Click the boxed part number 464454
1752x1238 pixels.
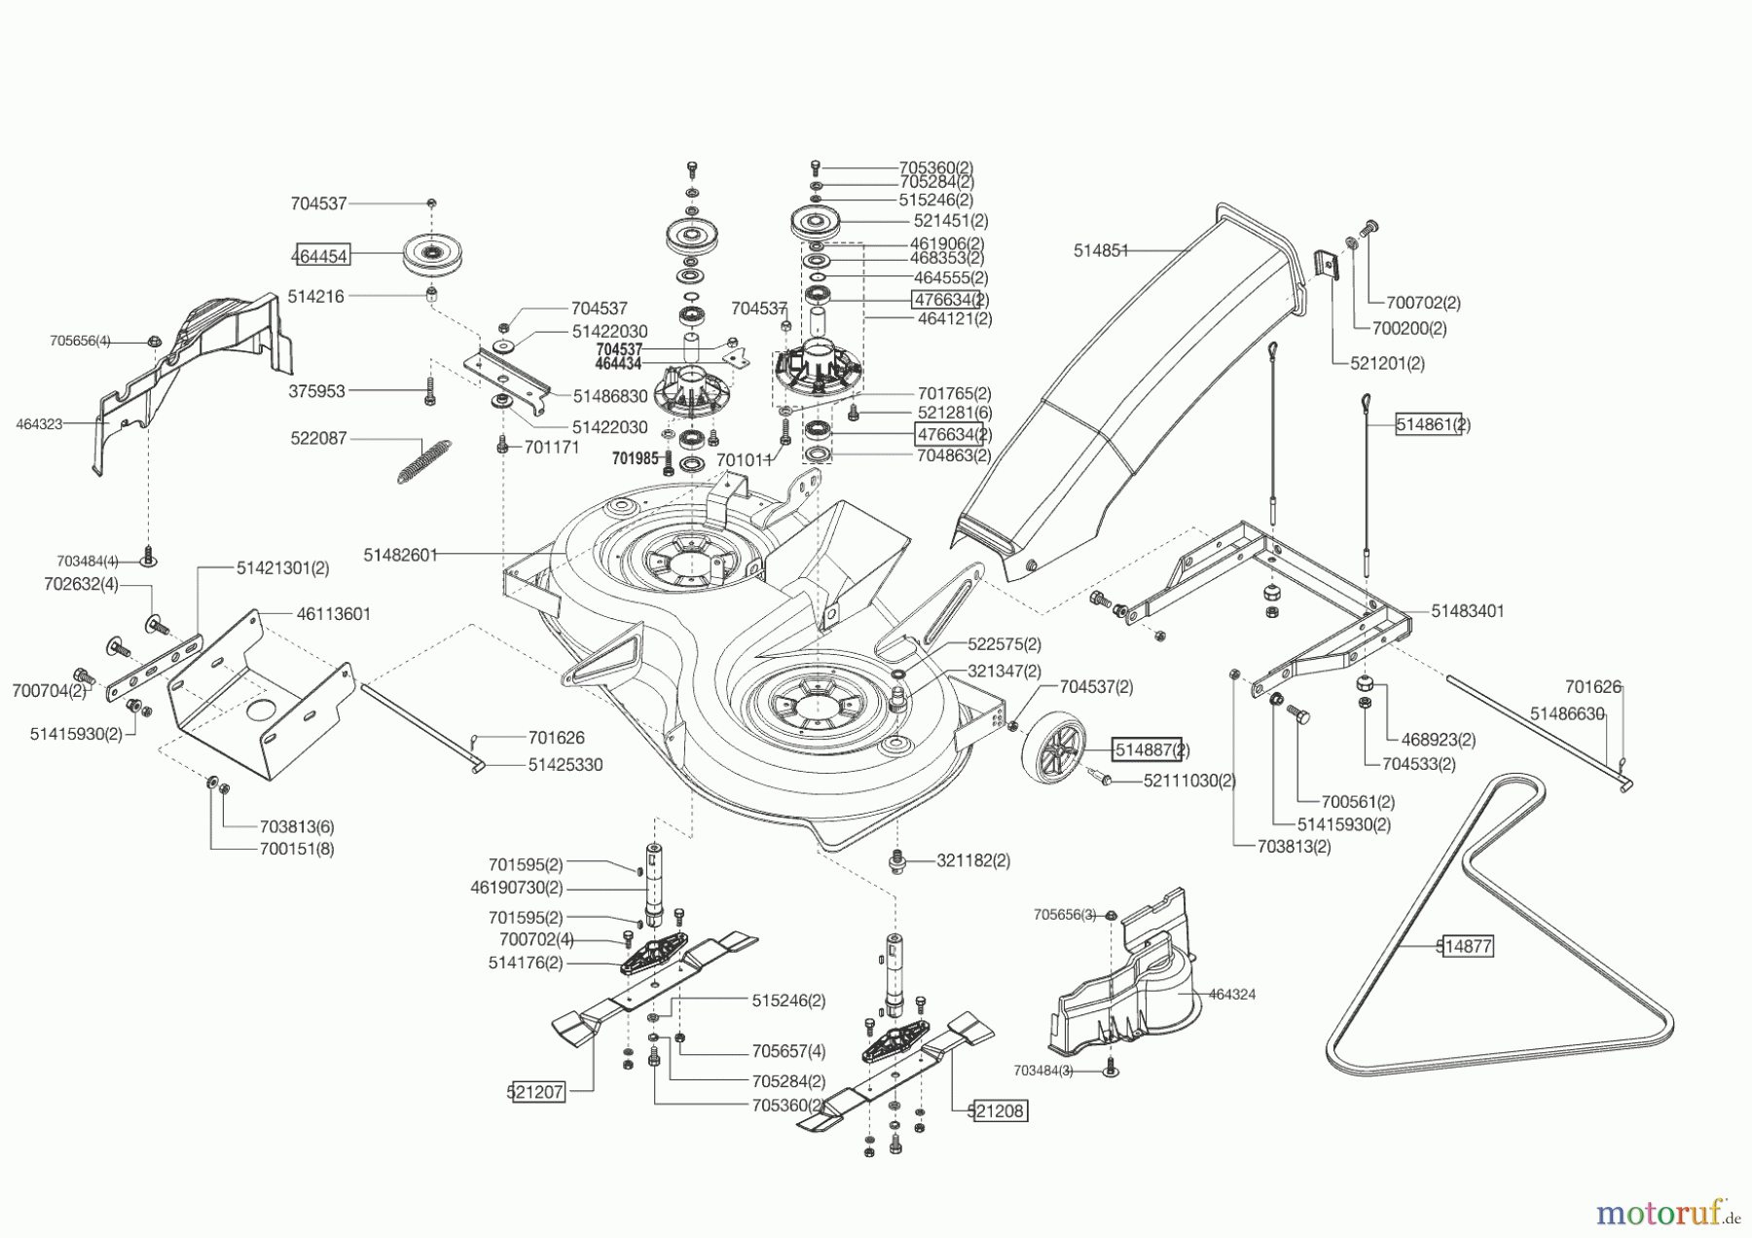point(322,256)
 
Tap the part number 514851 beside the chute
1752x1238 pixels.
point(1101,250)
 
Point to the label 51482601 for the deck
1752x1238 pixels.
point(401,555)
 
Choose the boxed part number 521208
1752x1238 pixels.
point(998,1111)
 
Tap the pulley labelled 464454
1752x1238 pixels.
point(431,256)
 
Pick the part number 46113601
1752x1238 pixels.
point(333,614)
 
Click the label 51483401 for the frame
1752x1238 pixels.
point(1468,611)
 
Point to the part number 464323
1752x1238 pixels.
point(39,423)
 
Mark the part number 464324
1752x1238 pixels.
point(1232,995)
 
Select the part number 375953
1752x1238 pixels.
point(317,391)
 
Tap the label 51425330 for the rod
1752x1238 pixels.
point(566,765)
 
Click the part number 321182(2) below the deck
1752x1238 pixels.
point(973,860)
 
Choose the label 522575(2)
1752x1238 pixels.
point(1004,644)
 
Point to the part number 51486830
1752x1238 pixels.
point(610,396)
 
